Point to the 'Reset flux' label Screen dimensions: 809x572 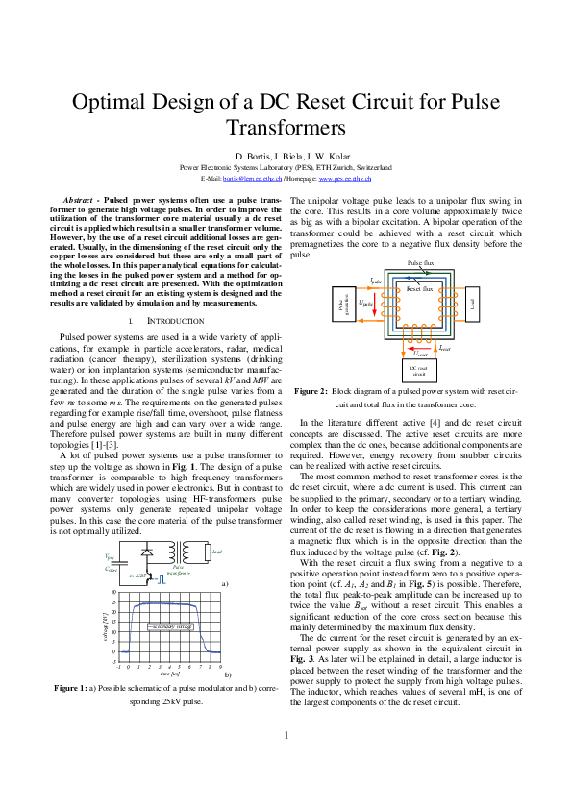pos(420,288)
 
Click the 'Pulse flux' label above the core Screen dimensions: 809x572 pos(420,262)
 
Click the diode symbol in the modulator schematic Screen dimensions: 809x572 pos(145,527)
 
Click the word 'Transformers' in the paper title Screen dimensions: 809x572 pos(286,128)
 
